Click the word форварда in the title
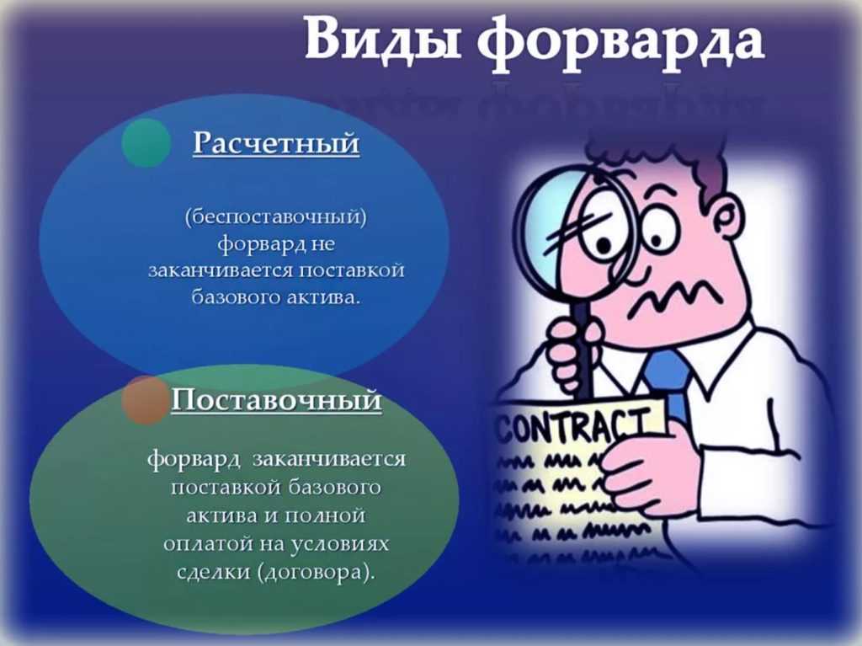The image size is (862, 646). pos(620,42)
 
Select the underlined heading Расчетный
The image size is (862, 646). pos(276,144)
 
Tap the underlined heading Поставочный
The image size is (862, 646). pos(276,399)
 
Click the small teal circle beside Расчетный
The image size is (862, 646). pos(146,142)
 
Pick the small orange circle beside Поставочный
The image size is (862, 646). pos(145,400)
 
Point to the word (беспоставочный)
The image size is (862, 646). pos(276,216)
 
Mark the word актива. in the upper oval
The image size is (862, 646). pos(324,297)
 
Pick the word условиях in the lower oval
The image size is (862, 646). pos(339,544)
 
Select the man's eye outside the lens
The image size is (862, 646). pos(656,230)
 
